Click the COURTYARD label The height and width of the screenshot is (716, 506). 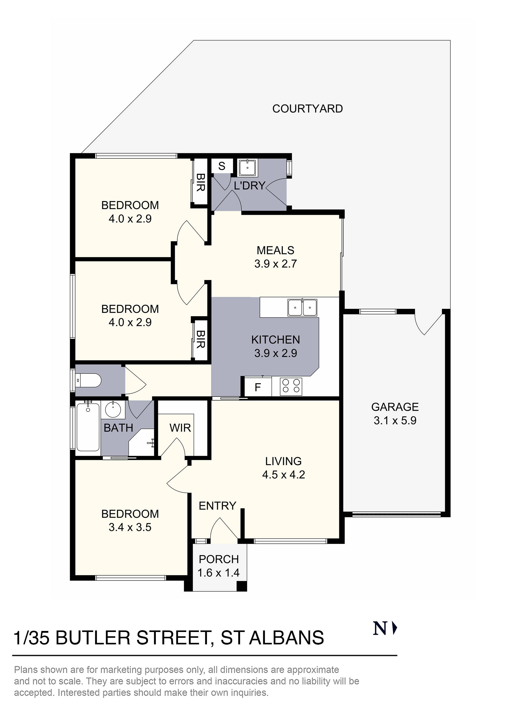(307, 109)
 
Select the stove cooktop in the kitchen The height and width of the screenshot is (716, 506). (291, 386)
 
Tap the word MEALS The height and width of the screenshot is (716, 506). (275, 250)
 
